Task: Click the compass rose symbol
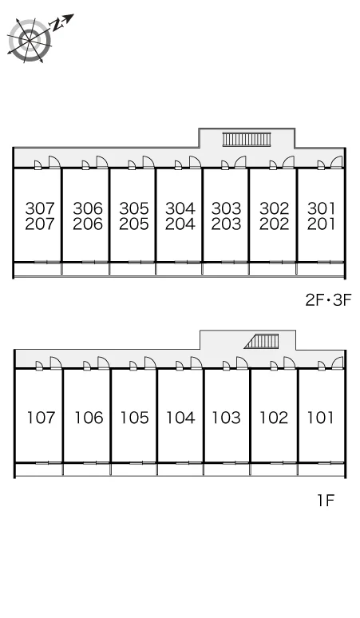click(30, 40)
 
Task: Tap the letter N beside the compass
click(58, 26)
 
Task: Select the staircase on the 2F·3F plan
click(247, 139)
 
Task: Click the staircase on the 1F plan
click(262, 341)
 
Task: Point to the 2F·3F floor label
click(328, 300)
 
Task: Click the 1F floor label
click(326, 501)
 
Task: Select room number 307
click(40, 208)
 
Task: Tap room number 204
click(180, 224)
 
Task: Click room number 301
click(321, 208)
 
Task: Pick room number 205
click(134, 224)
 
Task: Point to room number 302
click(274, 208)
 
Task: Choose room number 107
click(41, 418)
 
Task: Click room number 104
click(180, 418)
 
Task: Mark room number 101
click(320, 418)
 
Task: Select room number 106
click(89, 418)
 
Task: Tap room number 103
click(227, 418)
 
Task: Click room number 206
click(88, 224)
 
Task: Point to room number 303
click(226, 208)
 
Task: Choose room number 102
click(274, 418)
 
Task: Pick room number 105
click(134, 418)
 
